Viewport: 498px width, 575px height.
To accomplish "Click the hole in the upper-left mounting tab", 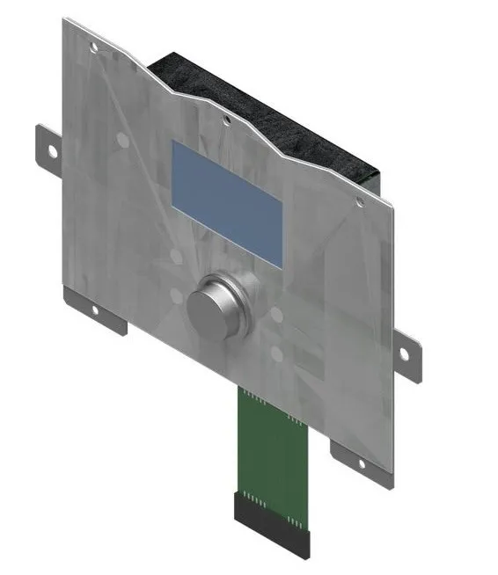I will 52,152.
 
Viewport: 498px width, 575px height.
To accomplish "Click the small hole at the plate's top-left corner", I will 94,45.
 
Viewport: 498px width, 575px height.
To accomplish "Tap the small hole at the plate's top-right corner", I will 359,203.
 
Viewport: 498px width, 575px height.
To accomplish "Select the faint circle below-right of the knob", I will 277,353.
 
